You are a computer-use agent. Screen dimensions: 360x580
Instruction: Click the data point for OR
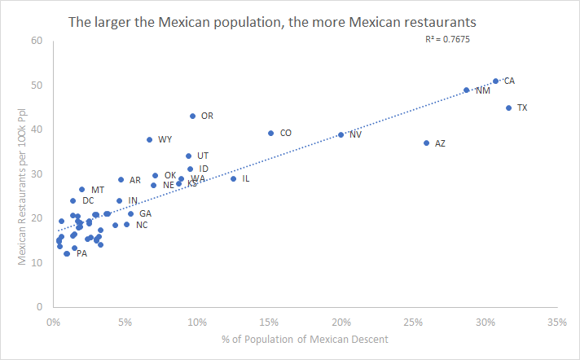tap(192, 116)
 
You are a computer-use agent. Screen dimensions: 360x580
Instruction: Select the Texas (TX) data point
tap(508, 108)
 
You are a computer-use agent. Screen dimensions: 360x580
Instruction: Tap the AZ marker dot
tap(426, 143)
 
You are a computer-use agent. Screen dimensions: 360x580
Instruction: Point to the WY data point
tap(150, 139)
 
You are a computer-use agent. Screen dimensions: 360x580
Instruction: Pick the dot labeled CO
tap(270, 133)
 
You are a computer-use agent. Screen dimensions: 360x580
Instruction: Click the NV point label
tap(355, 134)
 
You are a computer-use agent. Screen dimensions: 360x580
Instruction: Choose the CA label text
tap(509, 81)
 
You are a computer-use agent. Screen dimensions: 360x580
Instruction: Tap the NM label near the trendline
tap(483, 90)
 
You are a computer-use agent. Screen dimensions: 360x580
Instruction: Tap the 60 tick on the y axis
tap(37, 41)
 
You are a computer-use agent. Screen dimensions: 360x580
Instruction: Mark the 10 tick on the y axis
tap(37, 263)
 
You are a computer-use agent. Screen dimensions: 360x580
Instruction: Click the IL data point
tap(233, 178)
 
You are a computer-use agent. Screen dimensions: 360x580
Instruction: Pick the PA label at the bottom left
tap(81, 253)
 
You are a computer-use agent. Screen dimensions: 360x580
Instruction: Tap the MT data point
tap(81, 189)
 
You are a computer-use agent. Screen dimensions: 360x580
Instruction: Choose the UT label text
tap(203, 156)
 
